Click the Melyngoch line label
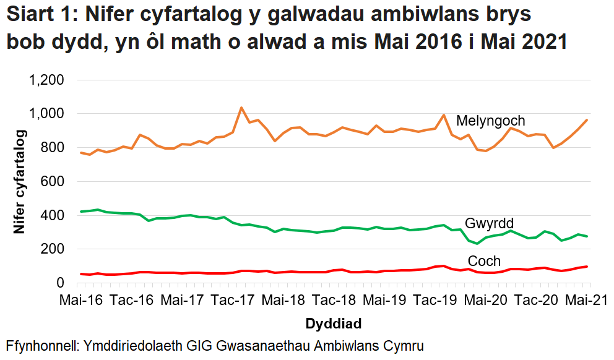pyautogui.click(x=490, y=121)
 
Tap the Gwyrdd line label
pyautogui.click(x=489, y=223)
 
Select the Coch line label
pyautogui.click(x=484, y=260)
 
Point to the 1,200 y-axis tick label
pyautogui.click(x=48, y=80)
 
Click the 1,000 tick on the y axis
pyautogui.click(x=48, y=114)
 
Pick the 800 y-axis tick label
pyautogui.click(x=53, y=148)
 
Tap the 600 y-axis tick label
pyautogui.click(x=53, y=182)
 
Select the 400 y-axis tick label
pyautogui.click(x=53, y=216)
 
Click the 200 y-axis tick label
pyautogui.click(x=53, y=249)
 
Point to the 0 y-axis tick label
pyautogui.click(x=60, y=283)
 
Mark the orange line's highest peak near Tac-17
pyautogui.click(x=241, y=108)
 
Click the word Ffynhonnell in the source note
pyautogui.click(x=39, y=345)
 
